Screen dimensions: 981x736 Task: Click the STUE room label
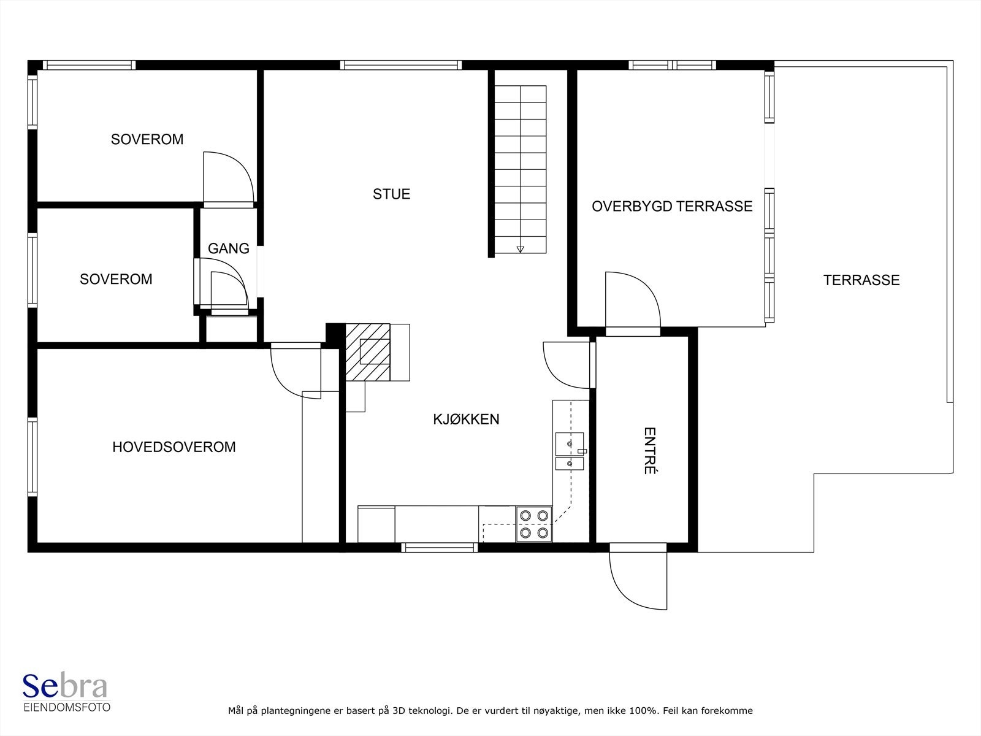[392, 194]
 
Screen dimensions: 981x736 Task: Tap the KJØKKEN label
[466, 419]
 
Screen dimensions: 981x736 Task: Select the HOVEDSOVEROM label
[174, 447]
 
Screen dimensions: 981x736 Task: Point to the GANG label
[228, 248]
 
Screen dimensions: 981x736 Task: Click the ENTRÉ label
[649, 450]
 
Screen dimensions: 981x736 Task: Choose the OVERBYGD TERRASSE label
[672, 207]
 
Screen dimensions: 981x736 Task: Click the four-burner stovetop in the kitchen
[534, 524]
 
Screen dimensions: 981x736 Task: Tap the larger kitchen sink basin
[570, 443]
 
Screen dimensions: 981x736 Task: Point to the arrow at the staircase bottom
[520, 250]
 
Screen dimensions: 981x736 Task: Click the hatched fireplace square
[368, 352]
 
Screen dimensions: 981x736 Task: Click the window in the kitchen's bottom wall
[440, 548]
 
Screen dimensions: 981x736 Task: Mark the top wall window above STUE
[401, 65]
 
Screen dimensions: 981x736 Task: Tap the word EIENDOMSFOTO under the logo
[67, 707]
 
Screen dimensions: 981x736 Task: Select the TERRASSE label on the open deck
[861, 280]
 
